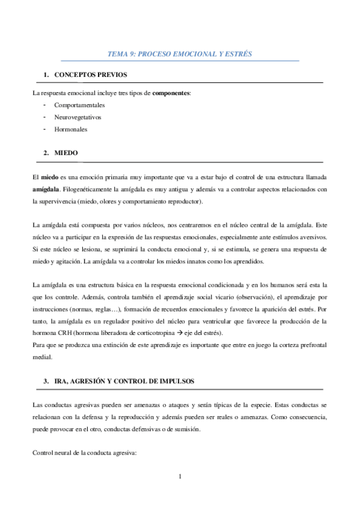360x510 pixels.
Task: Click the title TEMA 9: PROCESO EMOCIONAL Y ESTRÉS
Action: click(179, 54)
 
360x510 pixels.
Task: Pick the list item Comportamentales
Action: click(79, 105)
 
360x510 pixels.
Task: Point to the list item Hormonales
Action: click(71, 129)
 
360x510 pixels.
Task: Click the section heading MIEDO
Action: click(66, 153)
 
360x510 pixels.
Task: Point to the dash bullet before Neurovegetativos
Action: click(45, 117)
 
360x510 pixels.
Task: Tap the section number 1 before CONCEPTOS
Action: click(46, 75)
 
